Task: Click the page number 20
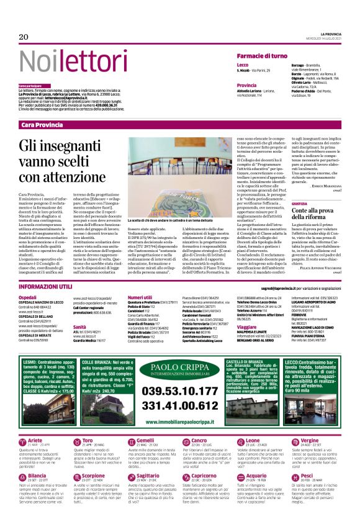pyautogui.click(x=24, y=37)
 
